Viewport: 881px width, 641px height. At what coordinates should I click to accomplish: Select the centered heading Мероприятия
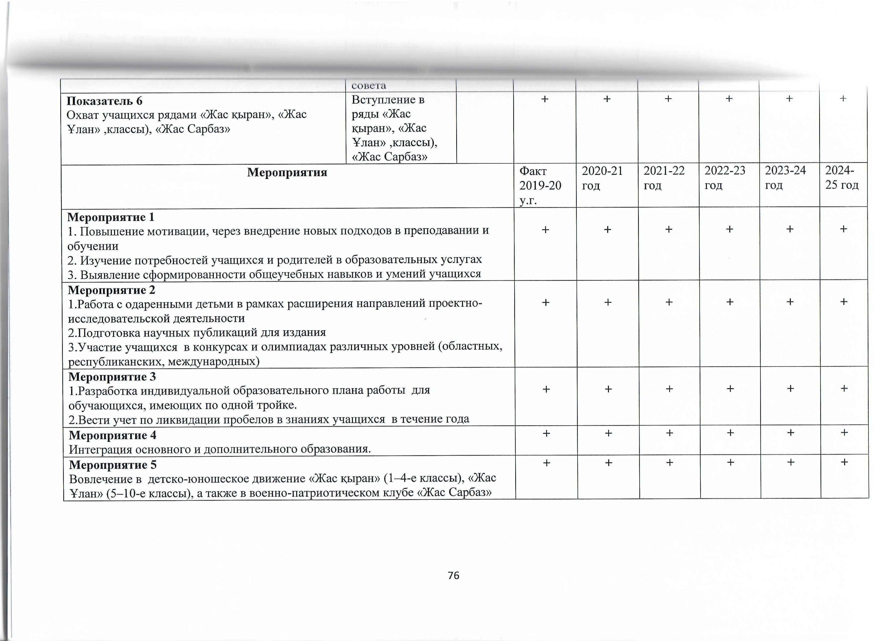point(287,172)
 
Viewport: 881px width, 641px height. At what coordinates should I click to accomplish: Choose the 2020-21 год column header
point(602,178)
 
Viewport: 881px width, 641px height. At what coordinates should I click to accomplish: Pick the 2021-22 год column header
point(664,178)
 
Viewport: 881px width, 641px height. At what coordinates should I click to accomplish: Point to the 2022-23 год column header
point(725,178)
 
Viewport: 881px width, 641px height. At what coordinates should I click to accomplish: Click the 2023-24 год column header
point(786,178)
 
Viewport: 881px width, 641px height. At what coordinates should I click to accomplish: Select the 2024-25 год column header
point(842,178)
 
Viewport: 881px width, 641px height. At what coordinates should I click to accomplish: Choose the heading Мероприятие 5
point(113,465)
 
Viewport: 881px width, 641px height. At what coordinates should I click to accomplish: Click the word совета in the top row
point(369,85)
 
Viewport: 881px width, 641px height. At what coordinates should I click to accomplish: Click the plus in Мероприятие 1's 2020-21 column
point(607,229)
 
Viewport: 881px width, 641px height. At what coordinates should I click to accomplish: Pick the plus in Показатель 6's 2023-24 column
point(789,99)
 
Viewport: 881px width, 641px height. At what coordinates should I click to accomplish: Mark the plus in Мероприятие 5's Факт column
point(547,463)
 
